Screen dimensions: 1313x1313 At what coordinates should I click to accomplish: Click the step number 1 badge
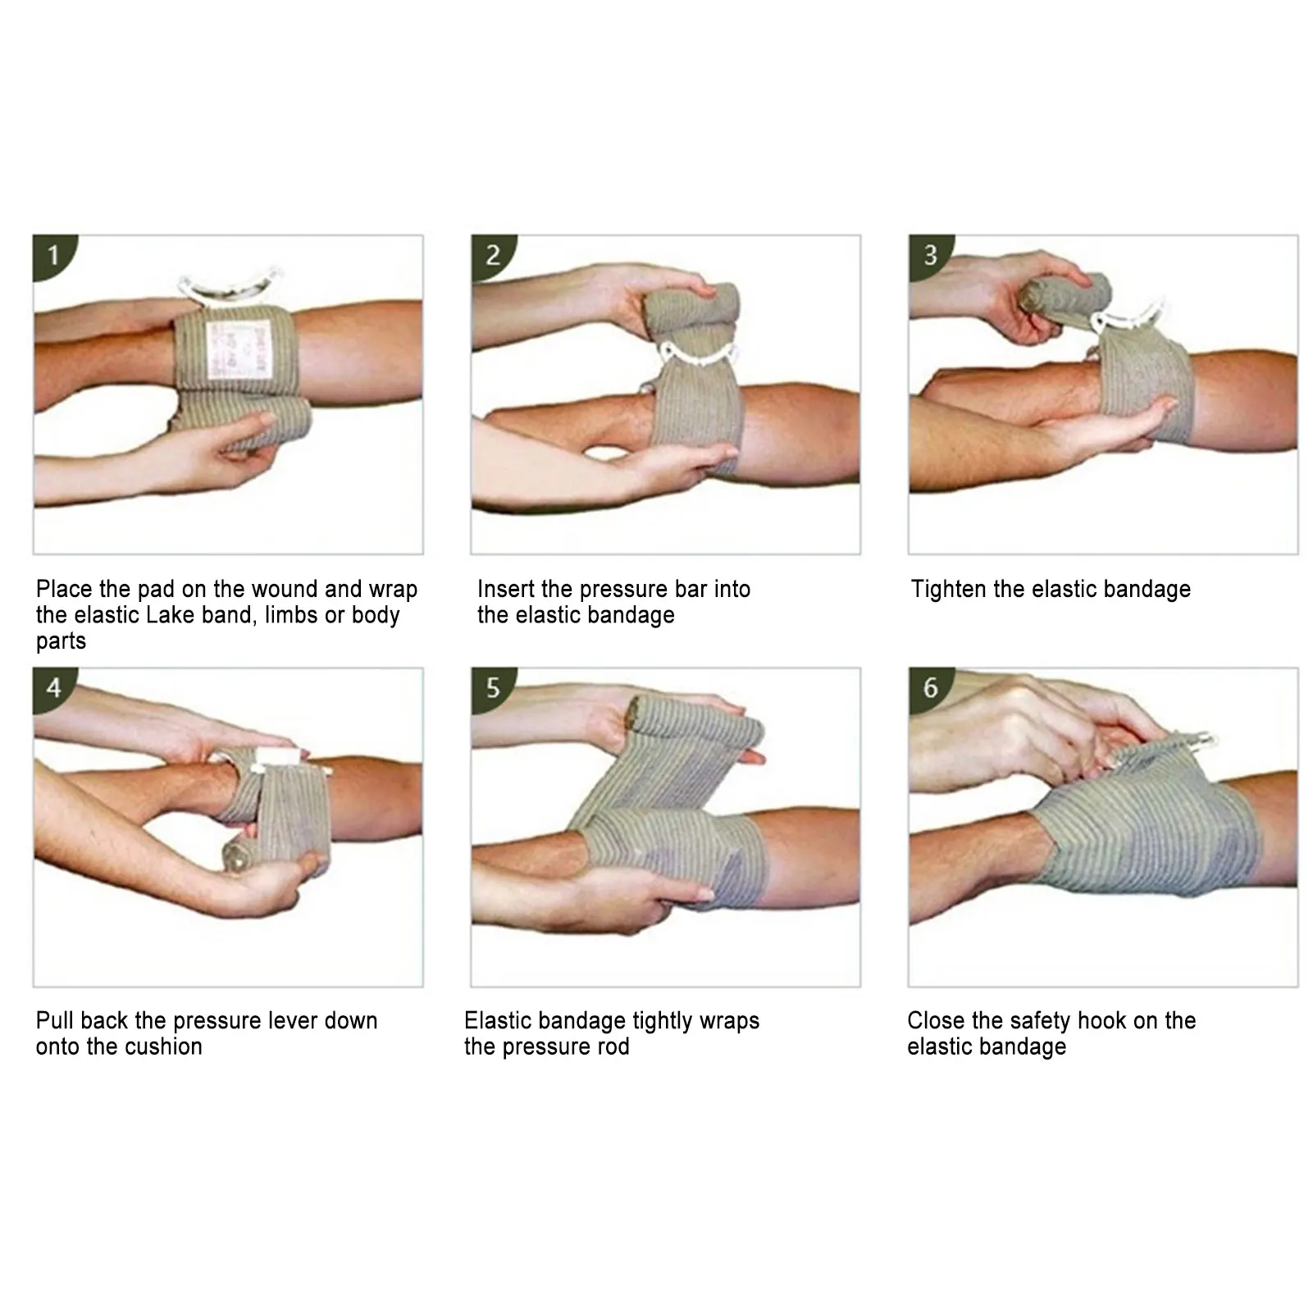53,254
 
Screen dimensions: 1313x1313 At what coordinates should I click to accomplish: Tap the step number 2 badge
492,254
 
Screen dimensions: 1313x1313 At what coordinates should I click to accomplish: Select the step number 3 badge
930,254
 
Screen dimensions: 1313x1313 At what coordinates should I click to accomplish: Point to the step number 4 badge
53,686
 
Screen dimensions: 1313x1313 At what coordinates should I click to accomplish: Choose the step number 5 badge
492,686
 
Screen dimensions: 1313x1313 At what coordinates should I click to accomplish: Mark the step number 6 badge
930,686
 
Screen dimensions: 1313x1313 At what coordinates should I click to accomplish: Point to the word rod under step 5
613,1046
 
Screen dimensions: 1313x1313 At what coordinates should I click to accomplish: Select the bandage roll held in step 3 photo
1066,295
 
